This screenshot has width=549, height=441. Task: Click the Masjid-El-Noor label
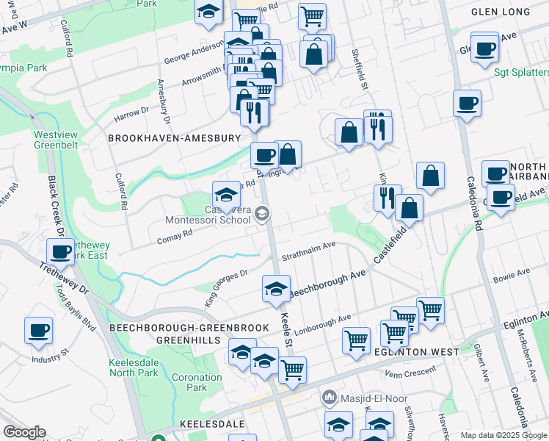point(365,398)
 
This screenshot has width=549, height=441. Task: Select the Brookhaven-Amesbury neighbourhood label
point(174,137)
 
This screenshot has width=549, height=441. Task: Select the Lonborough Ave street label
point(325,324)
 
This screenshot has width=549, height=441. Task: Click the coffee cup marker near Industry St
point(38,331)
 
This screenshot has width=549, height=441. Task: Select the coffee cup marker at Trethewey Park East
point(59,252)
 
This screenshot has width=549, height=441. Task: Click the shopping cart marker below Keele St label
point(292,370)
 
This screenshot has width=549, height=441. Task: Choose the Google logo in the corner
point(24,432)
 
